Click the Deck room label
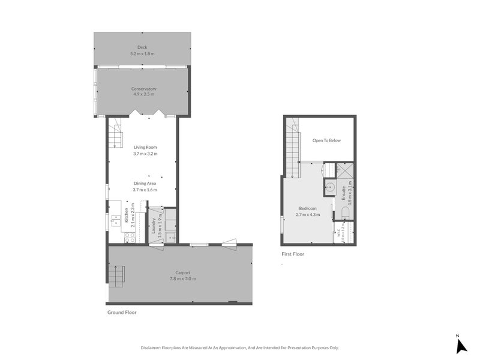pos(142,47)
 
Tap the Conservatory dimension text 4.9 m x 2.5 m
pos(143,94)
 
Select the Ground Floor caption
pos(122,312)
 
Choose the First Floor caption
pos(293,254)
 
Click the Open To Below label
pos(326,140)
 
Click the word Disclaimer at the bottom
pos(152,347)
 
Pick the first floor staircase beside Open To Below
pos(292,146)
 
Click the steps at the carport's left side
pos(116,274)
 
